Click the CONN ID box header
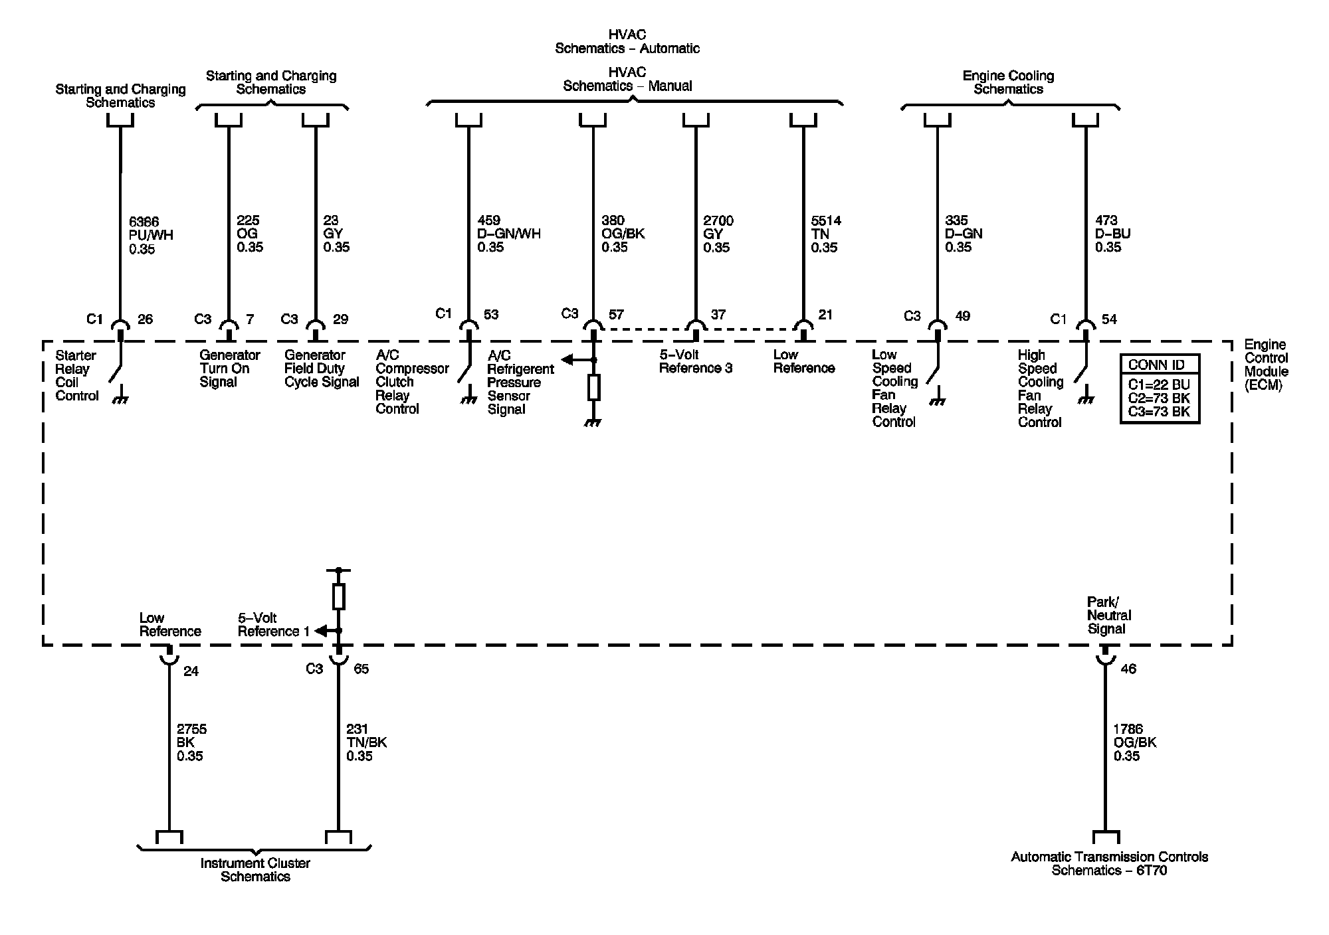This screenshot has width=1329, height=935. click(x=1160, y=365)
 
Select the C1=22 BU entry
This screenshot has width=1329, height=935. click(x=1159, y=384)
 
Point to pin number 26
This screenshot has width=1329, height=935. click(x=145, y=319)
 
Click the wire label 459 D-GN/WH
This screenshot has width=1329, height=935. click(x=509, y=234)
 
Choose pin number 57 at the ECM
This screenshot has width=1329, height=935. click(x=617, y=314)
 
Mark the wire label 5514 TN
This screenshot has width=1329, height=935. click(x=826, y=234)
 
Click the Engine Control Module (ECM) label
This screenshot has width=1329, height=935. click(x=1266, y=365)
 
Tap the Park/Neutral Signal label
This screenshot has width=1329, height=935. click(x=1109, y=616)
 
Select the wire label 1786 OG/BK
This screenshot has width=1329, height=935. click(x=1134, y=742)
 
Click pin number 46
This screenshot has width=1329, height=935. click(x=1128, y=669)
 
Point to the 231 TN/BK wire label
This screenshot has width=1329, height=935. click(x=366, y=742)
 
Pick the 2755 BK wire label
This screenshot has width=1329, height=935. click(x=191, y=742)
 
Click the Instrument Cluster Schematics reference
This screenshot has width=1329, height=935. click(x=255, y=870)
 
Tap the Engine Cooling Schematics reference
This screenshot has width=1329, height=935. click(x=1008, y=82)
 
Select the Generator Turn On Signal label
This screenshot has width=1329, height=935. click(x=229, y=369)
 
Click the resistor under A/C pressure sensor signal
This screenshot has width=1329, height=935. click(x=594, y=387)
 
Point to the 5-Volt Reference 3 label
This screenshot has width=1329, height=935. click(x=695, y=361)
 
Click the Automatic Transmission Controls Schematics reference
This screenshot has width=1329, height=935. click(x=1109, y=863)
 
